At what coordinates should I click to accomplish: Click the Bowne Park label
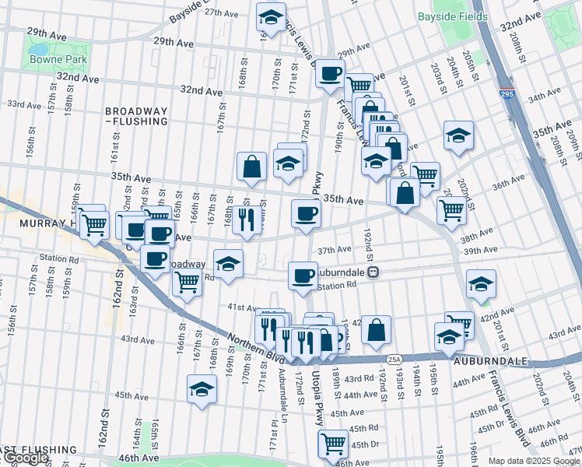(x=48, y=59)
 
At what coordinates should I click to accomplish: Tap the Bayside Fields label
(x=452, y=16)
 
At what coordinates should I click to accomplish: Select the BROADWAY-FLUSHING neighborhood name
(x=137, y=117)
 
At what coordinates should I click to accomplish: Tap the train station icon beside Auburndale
(x=373, y=272)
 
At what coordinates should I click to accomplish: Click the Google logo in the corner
(x=26, y=458)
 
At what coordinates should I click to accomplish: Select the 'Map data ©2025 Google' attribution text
(x=534, y=461)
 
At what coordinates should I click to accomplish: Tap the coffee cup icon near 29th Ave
(x=330, y=72)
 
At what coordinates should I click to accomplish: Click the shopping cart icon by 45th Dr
(x=333, y=444)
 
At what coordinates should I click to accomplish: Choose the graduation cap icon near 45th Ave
(x=202, y=388)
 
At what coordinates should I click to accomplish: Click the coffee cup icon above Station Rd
(x=303, y=274)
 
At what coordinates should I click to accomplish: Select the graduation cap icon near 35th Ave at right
(x=458, y=135)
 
